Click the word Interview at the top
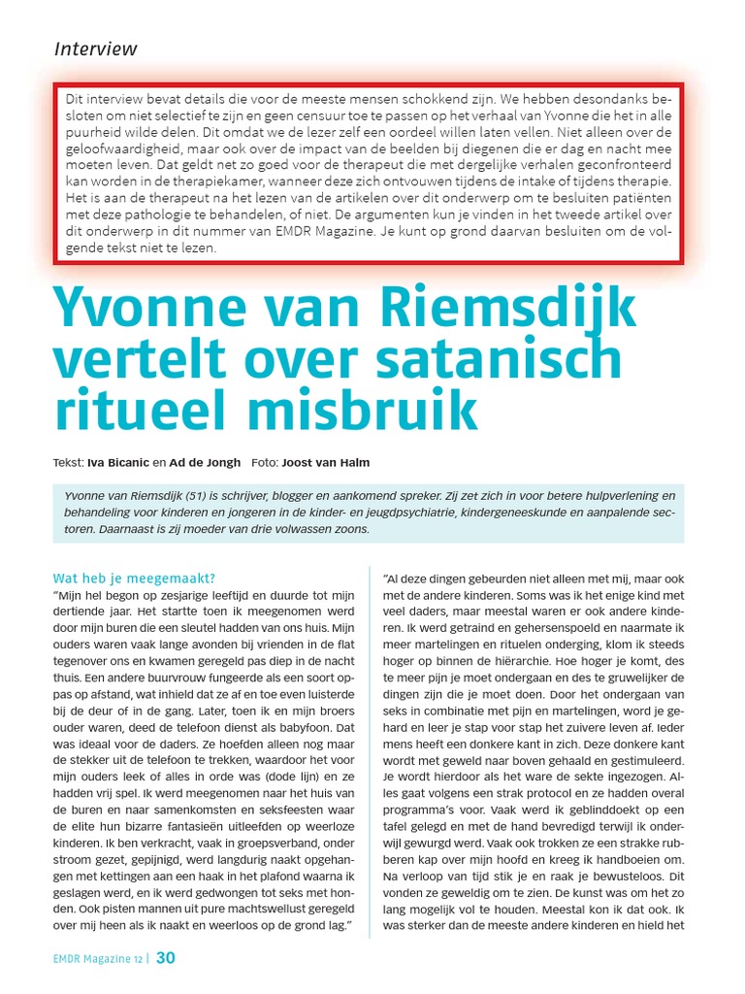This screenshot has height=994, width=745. pyautogui.click(x=95, y=49)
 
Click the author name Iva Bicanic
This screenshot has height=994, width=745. pyautogui.click(x=117, y=462)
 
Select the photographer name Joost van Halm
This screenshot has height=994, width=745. pyautogui.click(x=325, y=462)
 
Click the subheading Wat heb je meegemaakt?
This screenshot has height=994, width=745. pyautogui.click(x=135, y=579)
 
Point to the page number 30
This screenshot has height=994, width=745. pyautogui.click(x=166, y=959)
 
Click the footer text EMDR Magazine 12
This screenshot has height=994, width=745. pyautogui.click(x=98, y=960)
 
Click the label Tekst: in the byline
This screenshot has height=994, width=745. pyautogui.click(x=68, y=462)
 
